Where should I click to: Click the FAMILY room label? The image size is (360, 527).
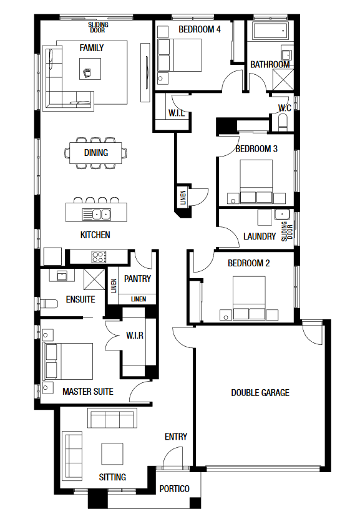(92, 48)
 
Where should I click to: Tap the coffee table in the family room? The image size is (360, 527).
(90, 69)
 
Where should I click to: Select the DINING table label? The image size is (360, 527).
(96, 153)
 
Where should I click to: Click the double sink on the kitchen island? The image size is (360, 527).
(97, 214)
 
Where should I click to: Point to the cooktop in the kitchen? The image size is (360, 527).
(99, 257)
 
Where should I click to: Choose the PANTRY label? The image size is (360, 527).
(137, 279)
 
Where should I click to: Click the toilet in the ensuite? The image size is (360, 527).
(49, 303)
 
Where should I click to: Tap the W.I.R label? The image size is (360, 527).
(135, 336)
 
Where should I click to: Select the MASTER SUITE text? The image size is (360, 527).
(88, 392)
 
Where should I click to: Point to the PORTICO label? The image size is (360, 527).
(174, 489)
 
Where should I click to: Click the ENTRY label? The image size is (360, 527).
(176, 437)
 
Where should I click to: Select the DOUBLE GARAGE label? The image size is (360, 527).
(260, 393)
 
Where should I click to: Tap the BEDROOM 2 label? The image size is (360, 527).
(249, 263)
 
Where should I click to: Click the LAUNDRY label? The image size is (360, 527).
(260, 236)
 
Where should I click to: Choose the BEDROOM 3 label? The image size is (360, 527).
(256, 149)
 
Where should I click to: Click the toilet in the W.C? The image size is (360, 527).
(283, 122)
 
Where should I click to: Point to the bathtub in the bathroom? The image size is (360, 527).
(271, 32)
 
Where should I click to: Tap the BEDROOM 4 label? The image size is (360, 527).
(200, 29)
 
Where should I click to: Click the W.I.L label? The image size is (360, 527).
(177, 113)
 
